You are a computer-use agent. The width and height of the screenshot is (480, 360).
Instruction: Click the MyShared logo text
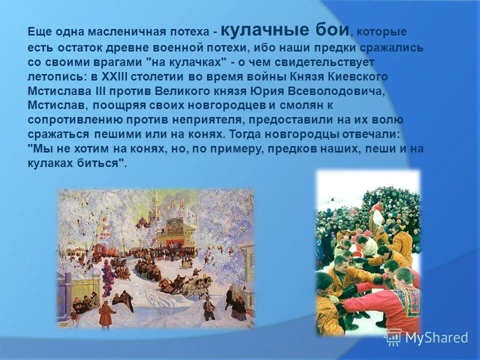click(x=436, y=337)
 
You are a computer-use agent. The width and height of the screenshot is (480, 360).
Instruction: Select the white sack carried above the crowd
click(x=376, y=216)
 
